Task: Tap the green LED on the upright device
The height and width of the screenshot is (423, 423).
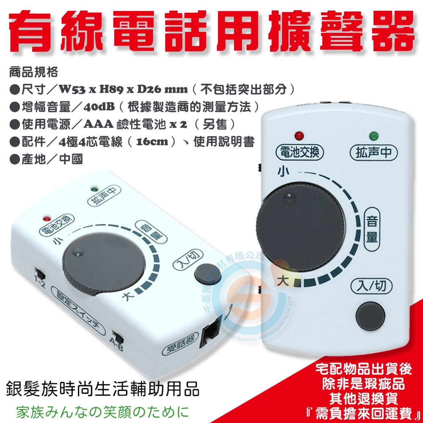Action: coord(374,136)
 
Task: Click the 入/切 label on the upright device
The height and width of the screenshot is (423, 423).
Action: coord(371,287)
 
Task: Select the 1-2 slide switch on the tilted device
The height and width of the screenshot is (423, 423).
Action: coord(39,271)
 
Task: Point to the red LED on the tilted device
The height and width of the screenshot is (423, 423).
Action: coord(47,219)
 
